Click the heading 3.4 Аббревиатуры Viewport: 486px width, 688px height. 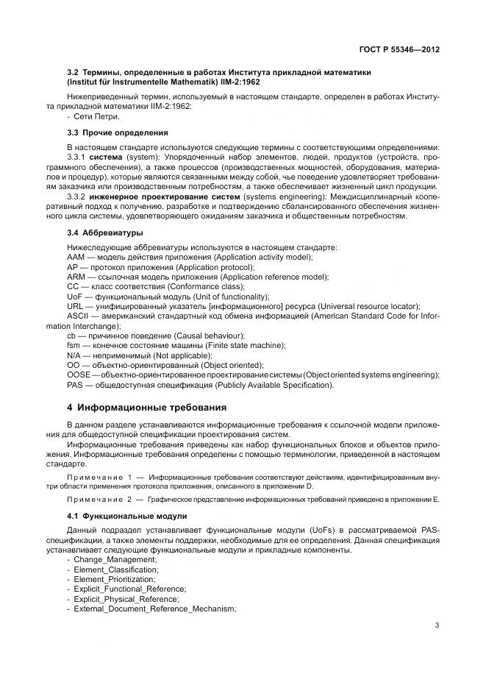coord(105,233)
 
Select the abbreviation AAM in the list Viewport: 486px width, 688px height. coord(76,256)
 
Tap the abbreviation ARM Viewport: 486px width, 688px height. coord(76,276)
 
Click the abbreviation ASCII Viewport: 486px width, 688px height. coord(77,316)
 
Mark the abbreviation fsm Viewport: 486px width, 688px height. coord(73,345)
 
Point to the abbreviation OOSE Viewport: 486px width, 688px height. coord(79,375)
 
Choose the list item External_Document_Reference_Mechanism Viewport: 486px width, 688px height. coord(154,608)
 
